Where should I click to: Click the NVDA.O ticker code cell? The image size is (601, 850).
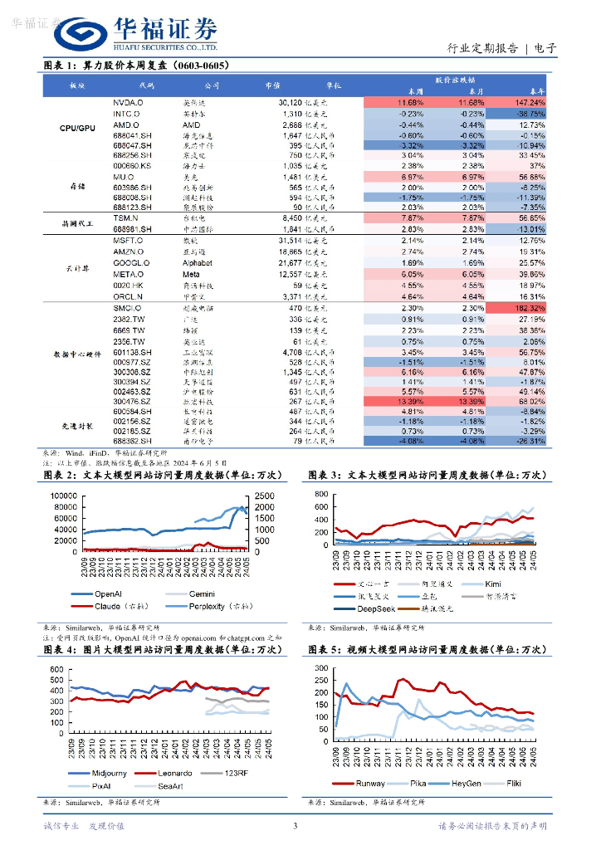(x=130, y=101)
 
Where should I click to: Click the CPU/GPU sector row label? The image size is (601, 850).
(x=78, y=129)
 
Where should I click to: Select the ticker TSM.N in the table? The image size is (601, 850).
(x=126, y=217)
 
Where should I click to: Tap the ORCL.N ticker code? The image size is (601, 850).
(x=129, y=296)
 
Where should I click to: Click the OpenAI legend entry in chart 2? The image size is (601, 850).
(x=110, y=594)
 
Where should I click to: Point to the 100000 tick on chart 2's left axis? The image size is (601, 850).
(x=65, y=496)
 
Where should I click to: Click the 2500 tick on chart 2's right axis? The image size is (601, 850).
(x=265, y=496)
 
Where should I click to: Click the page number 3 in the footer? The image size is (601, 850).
(x=296, y=826)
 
